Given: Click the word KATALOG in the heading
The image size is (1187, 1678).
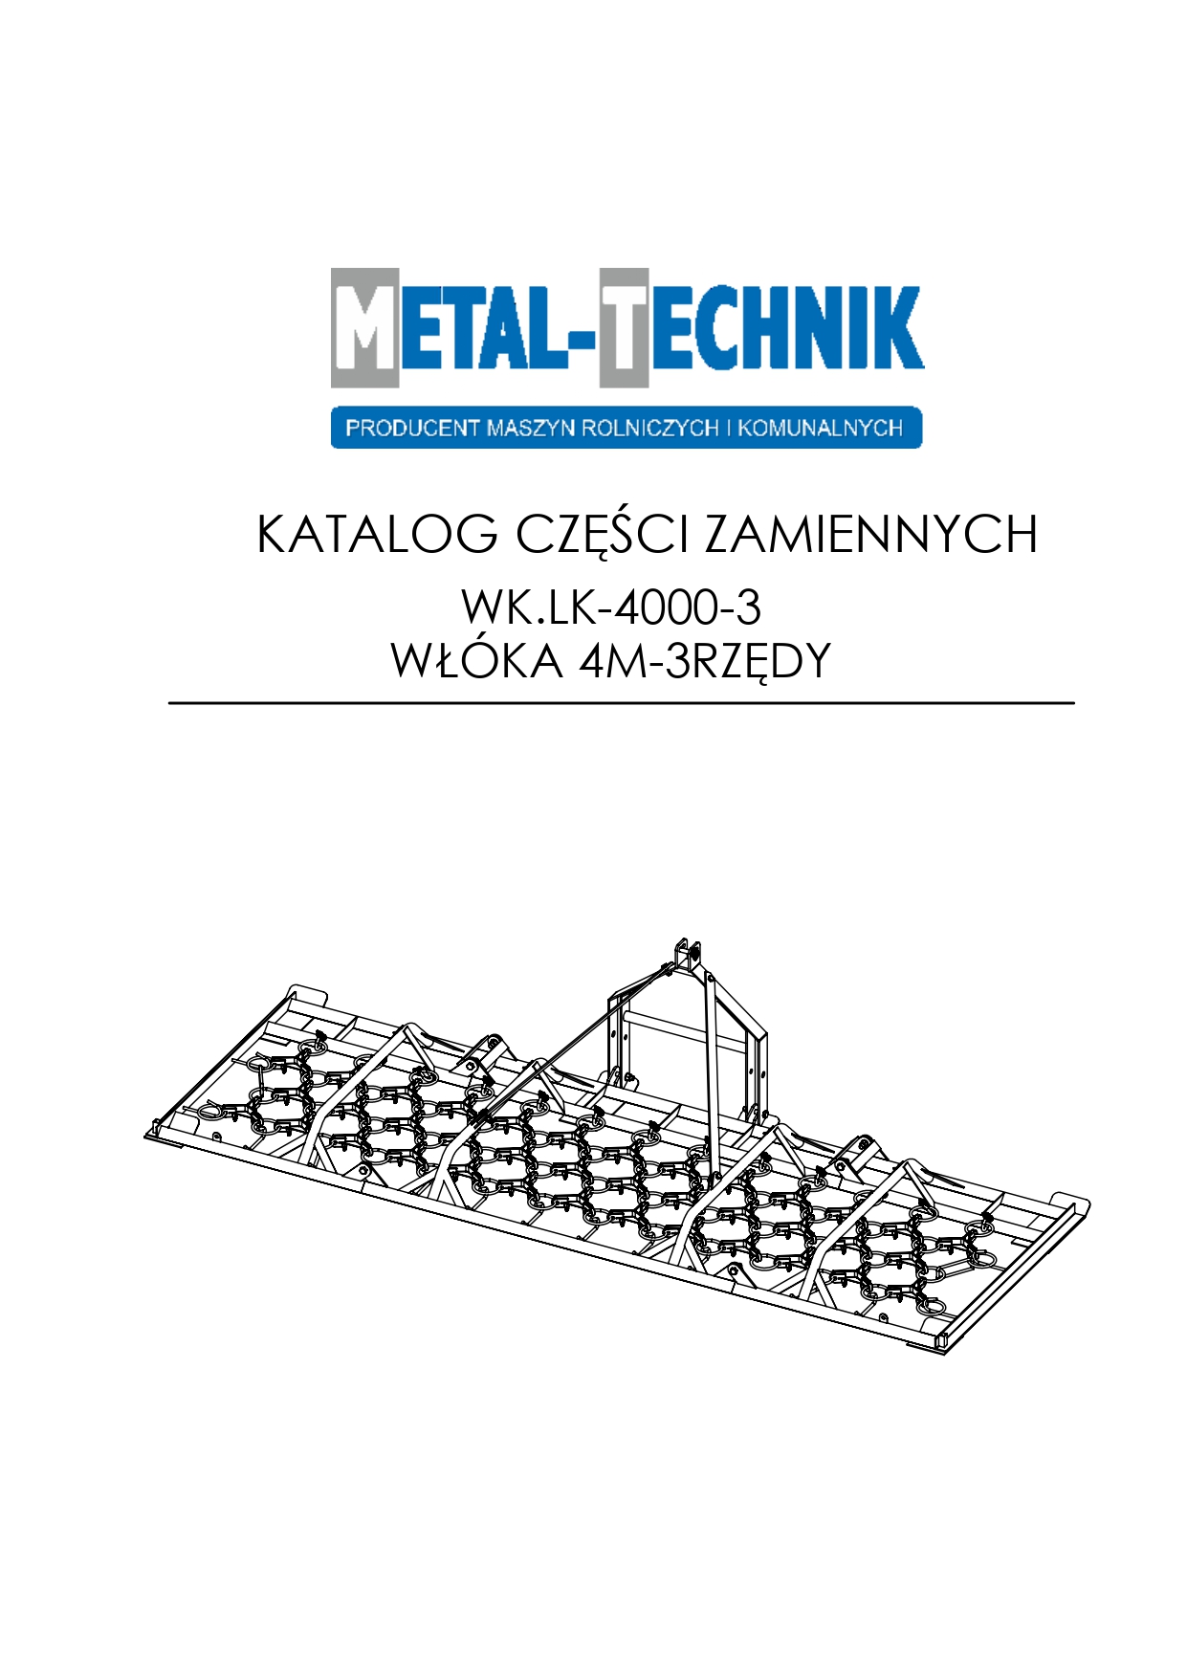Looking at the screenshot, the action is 378,534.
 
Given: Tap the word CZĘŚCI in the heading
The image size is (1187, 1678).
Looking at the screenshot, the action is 602,536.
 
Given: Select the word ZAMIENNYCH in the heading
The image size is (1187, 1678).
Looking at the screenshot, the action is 871,534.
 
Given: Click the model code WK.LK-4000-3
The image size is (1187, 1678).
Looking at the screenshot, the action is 611,607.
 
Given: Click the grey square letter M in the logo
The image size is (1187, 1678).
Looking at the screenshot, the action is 364,327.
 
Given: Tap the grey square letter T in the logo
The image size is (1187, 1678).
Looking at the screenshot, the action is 624,327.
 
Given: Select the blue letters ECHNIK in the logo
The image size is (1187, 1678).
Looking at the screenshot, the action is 786,327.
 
